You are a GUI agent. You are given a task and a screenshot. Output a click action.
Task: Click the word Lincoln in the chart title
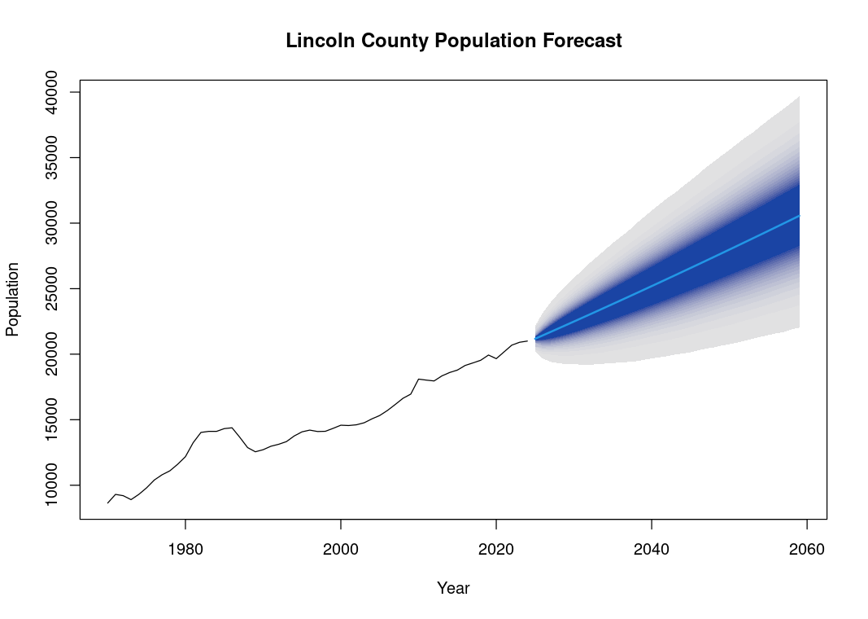314,41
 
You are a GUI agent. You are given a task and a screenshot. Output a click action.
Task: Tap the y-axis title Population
13,299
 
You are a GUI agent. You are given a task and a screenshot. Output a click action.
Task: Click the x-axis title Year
453,588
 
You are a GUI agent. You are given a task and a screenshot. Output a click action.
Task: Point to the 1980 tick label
185,550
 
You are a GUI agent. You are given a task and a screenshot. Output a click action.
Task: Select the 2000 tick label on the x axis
341,550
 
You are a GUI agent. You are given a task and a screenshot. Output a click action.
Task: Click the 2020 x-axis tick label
496,550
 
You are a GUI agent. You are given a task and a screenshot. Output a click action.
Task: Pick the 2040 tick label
652,550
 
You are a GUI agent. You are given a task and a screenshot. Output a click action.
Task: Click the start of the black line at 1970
108,503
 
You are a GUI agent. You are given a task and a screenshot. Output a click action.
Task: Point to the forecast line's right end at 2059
800,216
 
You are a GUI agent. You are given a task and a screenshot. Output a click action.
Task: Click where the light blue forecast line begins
535,339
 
